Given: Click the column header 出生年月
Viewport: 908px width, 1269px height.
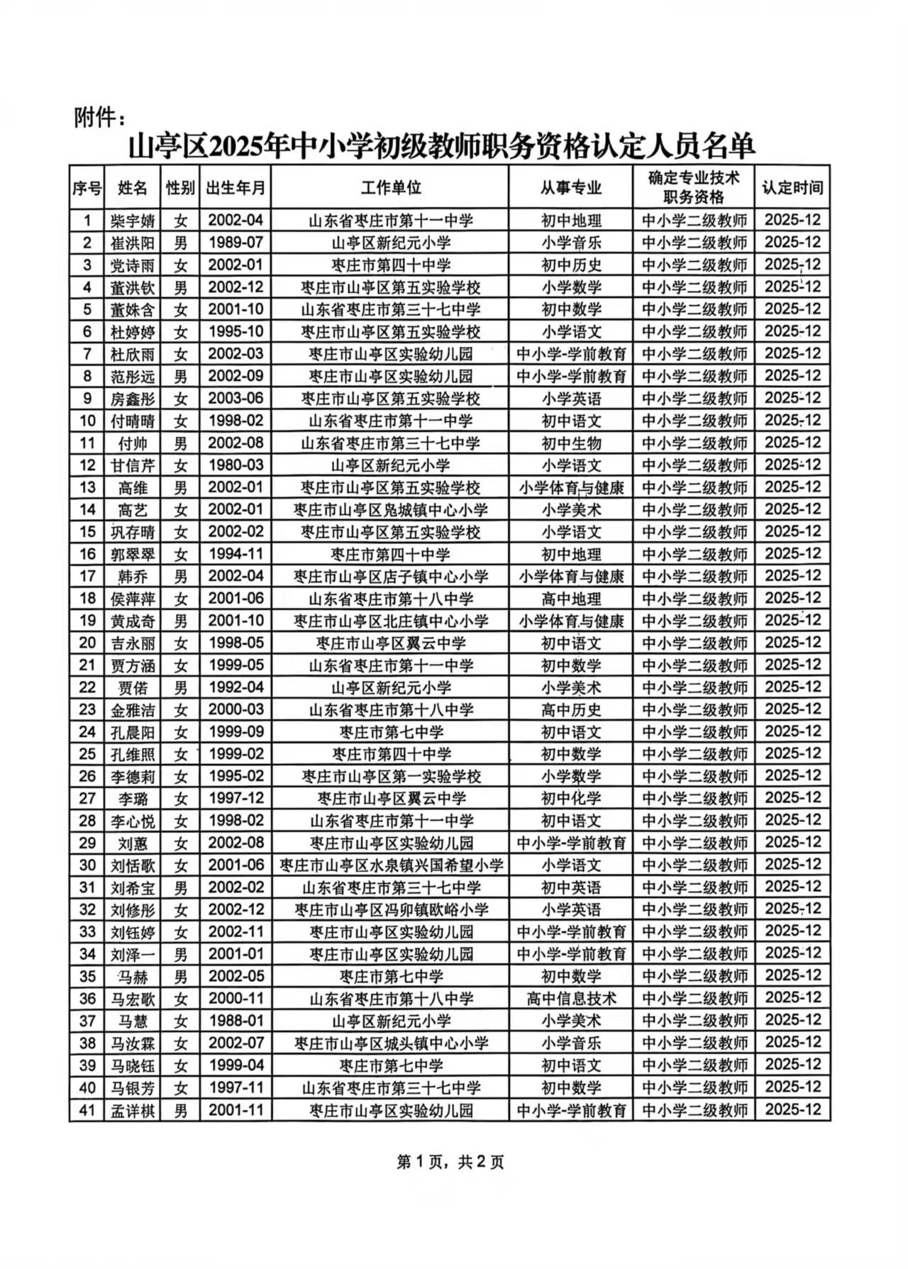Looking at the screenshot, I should (x=236, y=188).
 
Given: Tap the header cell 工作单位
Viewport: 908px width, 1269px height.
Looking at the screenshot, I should (x=390, y=188).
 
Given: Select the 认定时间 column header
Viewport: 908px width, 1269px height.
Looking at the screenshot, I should (x=792, y=188).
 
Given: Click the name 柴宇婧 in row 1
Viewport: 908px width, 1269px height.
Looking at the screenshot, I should (x=133, y=221).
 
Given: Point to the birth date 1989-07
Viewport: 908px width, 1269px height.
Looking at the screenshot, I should (x=236, y=243).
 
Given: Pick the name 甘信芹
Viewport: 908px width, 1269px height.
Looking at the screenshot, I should (x=133, y=465).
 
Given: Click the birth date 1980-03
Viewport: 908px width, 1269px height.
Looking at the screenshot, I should (x=236, y=465).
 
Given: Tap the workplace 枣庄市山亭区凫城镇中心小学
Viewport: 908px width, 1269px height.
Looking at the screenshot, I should (x=390, y=510).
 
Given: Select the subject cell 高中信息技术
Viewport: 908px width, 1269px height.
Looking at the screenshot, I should (x=571, y=999).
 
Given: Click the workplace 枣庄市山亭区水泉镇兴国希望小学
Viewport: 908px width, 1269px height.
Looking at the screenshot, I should (x=392, y=865).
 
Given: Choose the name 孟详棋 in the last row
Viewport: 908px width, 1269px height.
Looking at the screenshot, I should (x=133, y=1110).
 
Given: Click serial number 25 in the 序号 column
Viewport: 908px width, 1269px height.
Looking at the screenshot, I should (x=87, y=754).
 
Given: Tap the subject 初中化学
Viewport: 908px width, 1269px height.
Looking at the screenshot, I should (x=571, y=799).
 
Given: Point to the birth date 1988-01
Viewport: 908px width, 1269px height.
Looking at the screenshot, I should (x=236, y=1021).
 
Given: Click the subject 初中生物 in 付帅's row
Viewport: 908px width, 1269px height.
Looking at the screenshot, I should (x=571, y=443).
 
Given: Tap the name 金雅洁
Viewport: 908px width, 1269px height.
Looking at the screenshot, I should (x=133, y=710).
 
